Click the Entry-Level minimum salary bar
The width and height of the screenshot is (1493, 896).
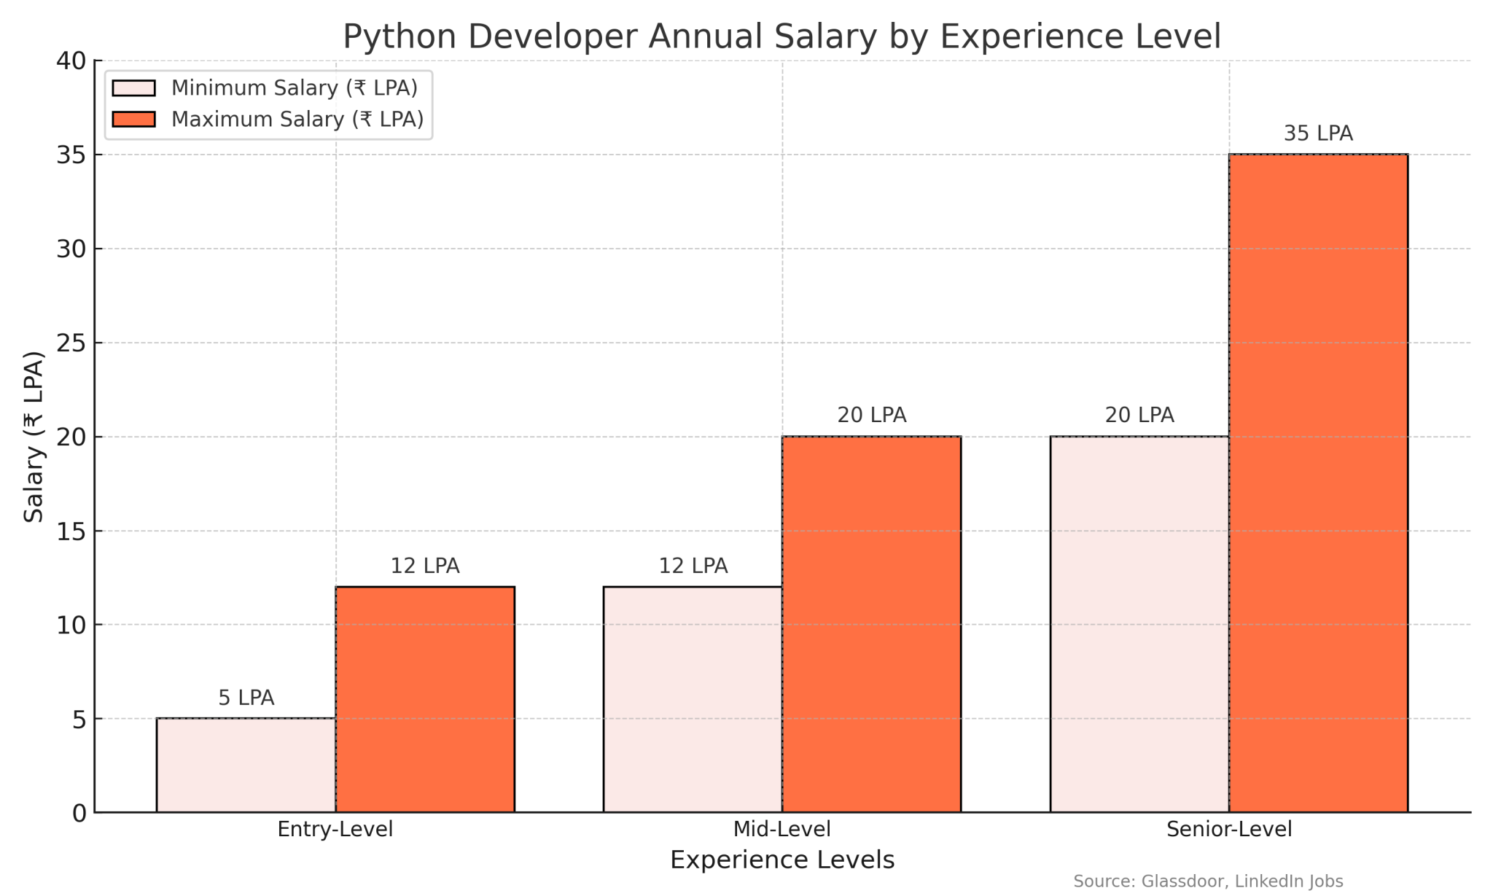point(246,765)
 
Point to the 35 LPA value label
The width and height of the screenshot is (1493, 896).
point(1318,134)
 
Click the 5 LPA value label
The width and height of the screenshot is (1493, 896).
point(246,698)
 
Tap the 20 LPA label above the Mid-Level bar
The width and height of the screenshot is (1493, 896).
point(872,416)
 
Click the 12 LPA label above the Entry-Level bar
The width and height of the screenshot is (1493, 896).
point(425,566)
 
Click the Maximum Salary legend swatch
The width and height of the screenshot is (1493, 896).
point(134,120)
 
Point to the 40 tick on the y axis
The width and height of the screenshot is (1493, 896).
point(71,61)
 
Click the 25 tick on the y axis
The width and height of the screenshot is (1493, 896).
point(71,343)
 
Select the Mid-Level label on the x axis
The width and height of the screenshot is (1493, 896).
point(781,830)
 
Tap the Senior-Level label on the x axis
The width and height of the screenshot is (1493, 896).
point(1229,830)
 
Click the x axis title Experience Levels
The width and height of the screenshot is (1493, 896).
point(781,860)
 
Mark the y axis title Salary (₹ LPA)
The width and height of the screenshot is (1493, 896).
point(34,437)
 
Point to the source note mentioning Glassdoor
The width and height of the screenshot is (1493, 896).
point(1208,881)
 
